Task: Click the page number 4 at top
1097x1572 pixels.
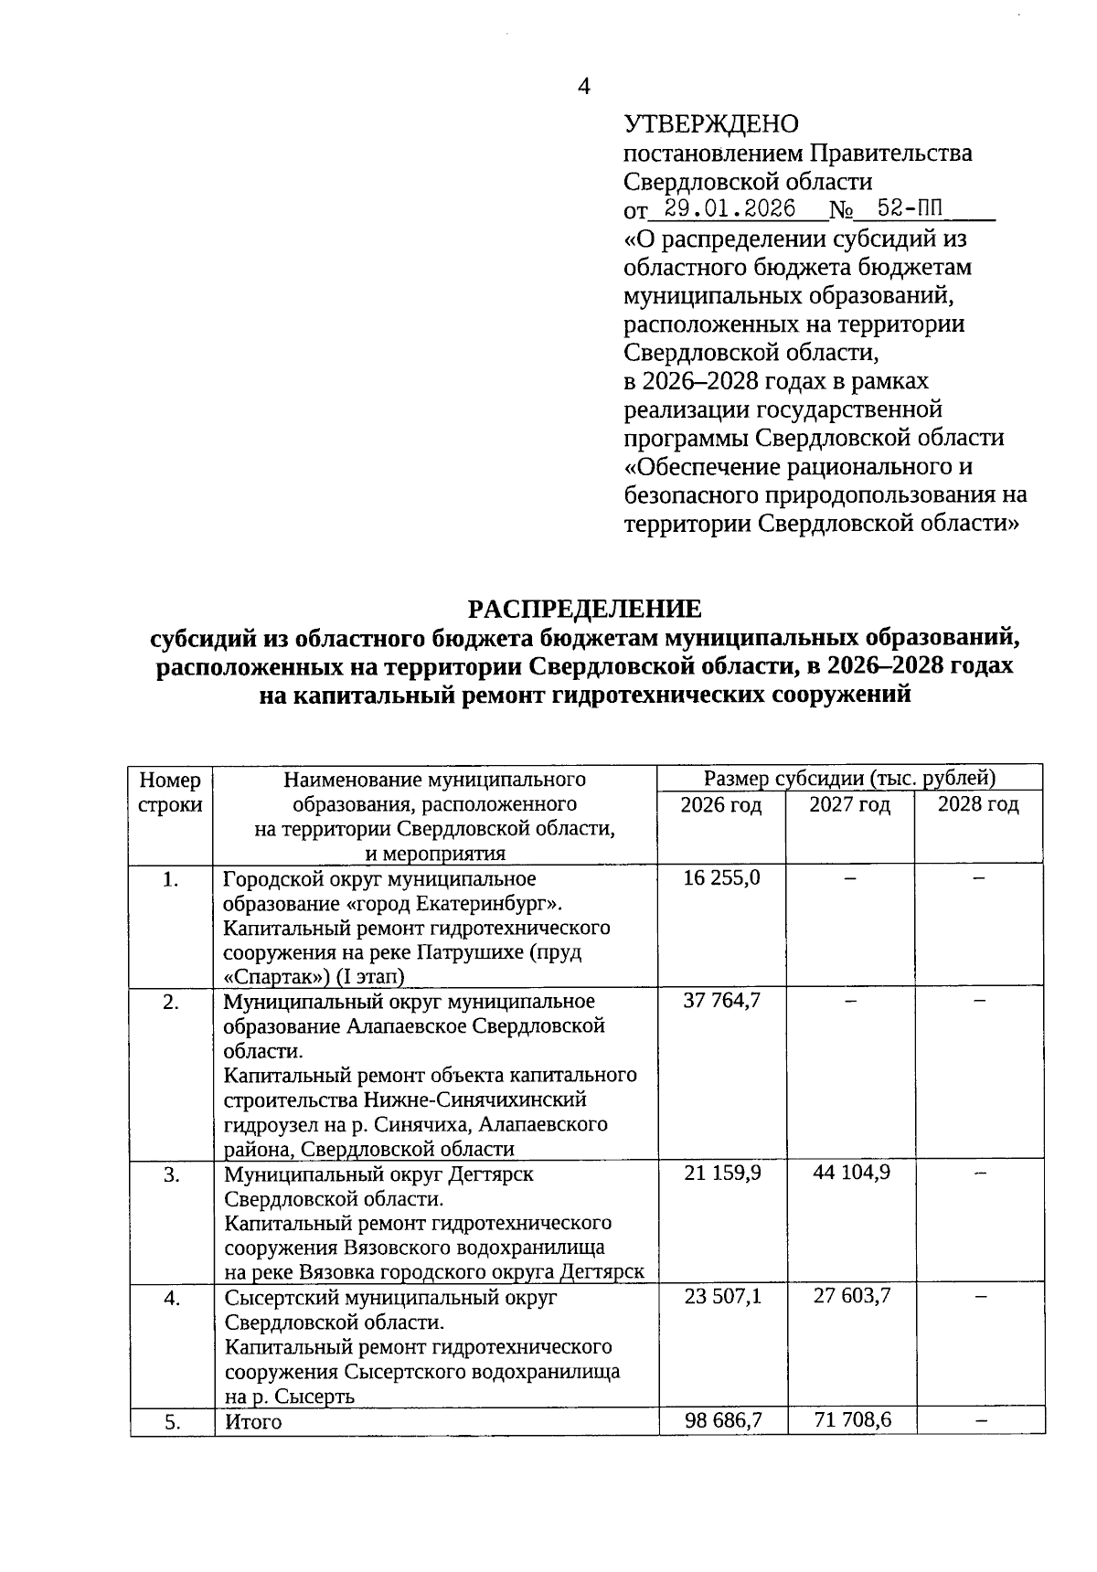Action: click(x=584, y=87)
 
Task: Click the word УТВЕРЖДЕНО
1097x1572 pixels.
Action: click(x=711, y=123)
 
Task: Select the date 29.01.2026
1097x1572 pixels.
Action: click(x=730, y=208)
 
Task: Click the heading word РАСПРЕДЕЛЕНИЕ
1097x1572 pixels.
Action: click(x=585, y=609)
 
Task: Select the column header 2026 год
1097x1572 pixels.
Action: click(x=721, y=805)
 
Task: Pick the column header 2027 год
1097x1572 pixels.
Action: click(x=849, y=805)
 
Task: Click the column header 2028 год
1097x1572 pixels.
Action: click(x=978, y=805)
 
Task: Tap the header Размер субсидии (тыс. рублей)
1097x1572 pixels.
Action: click(x=849, y=779)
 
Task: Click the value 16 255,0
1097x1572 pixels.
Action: click(x=721, y=878)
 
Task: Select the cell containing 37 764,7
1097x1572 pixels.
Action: click(x=721, y=1001)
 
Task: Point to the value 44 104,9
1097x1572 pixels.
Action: click(x=851, y=1173)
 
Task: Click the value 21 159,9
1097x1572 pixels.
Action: click(x=721, y=1173)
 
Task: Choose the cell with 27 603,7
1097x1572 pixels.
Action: click(x=851, y=1296)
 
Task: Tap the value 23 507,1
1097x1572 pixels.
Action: click(x=721, y=1296)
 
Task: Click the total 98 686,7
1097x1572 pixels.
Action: click(x=721, y=1420)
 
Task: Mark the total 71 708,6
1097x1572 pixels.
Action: click(x=851, y=1420)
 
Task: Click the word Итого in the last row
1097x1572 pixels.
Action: click(x=253, y=1422)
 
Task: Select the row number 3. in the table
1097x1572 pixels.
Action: click(x=171, y=1174)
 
